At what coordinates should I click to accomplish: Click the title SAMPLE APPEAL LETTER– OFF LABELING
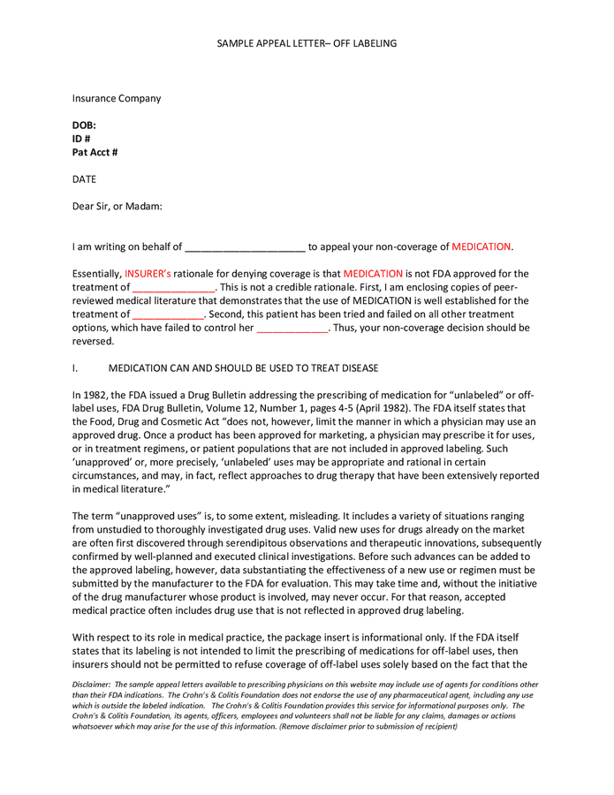pyautogui.click(x=307, y=43)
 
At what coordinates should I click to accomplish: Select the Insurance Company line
pyautogui.click(x=117, y=98)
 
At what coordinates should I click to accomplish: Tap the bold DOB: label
pyautogui.click(x=84, y=125)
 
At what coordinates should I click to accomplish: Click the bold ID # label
pyautogui.click(x=81, y=139)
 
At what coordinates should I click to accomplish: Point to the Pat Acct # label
pyautogui.click(x=95, y=152)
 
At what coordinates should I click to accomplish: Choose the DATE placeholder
pyautogui.click(x=84, y=179)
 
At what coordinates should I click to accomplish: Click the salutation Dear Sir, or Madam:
pyautogui.click(x=117, y=207)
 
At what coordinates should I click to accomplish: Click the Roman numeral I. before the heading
pyautogui.click(x=76, y=367)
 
